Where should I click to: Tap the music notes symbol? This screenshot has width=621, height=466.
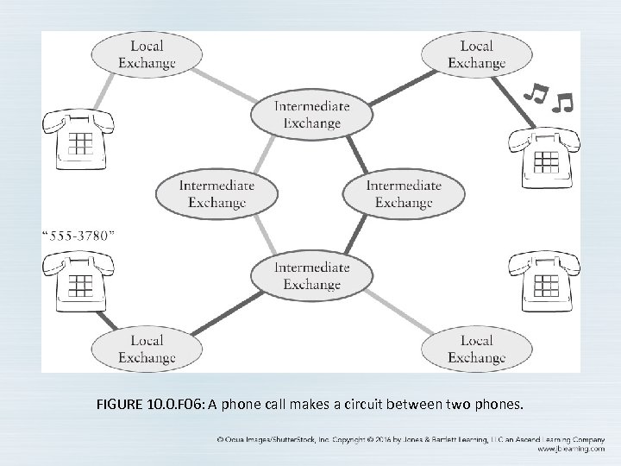click(x=549, y=98)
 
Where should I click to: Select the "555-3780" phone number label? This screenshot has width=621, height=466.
click(x=79, y=235)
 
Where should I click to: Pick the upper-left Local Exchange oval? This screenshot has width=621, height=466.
click(x=147, y=54)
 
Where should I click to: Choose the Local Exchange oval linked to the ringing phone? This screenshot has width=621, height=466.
click(x=475, y=54)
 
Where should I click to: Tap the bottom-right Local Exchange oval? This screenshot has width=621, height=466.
click(x=475, y=349)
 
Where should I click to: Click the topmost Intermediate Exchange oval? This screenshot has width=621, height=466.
click(x=311, y=114)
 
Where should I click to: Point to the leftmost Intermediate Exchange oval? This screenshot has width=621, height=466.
click(x=217, y=193)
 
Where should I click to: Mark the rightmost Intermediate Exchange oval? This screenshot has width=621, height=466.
click(x=403, y=193)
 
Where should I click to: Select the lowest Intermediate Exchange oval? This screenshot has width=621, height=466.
click(x=311, y=275)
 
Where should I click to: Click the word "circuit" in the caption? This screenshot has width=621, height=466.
click(x=370, y=404)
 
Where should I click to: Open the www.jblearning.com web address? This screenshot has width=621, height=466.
click(x=575, y=448)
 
